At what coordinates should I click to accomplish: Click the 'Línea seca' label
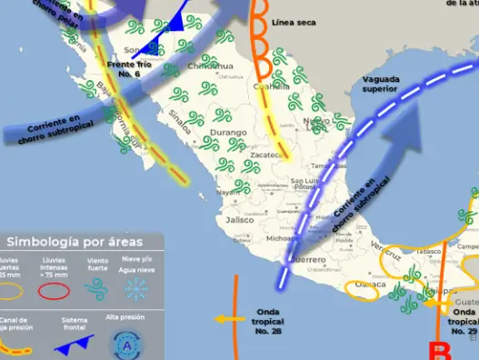(x=300, y=22)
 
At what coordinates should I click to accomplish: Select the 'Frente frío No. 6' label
(x=130, y=68)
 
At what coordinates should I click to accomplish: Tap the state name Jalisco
(x=240, y=220)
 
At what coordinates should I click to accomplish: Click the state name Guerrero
(x=308, y=260)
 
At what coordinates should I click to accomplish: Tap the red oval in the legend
(x=53, y=291)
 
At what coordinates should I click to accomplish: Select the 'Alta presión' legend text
(x=125, y=317)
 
